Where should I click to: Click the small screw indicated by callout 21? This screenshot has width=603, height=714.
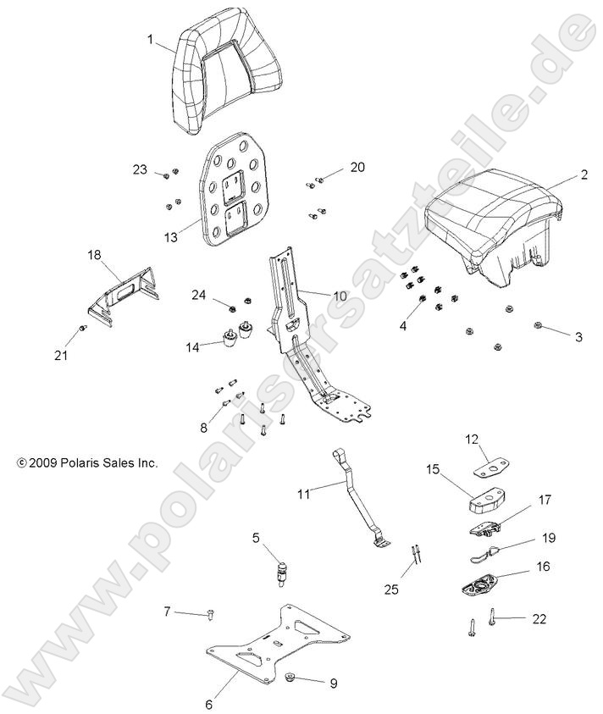click(82, 328)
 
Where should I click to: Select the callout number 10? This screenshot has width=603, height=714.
click(339, 296)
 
